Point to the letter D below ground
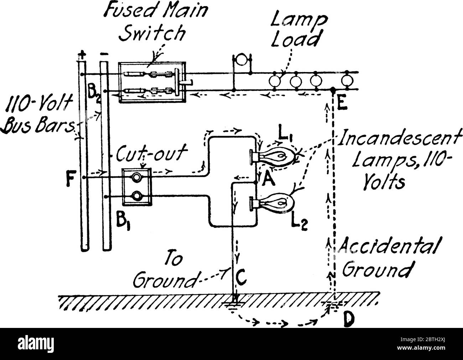pos(348,320)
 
